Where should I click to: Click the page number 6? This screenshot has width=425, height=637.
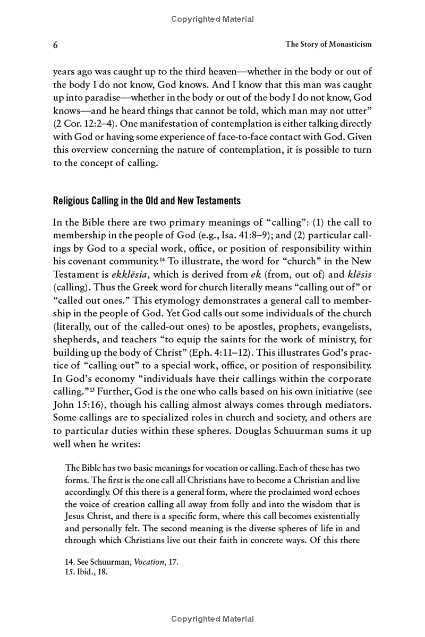coord(55,45)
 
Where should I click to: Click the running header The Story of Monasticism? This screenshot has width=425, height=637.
coord(328,45)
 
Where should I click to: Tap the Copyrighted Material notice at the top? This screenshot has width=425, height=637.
coord(212,19)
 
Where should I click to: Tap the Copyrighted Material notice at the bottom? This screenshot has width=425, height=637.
coord(212,618)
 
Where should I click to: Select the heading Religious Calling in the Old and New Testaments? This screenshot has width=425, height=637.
coord(147,201)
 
